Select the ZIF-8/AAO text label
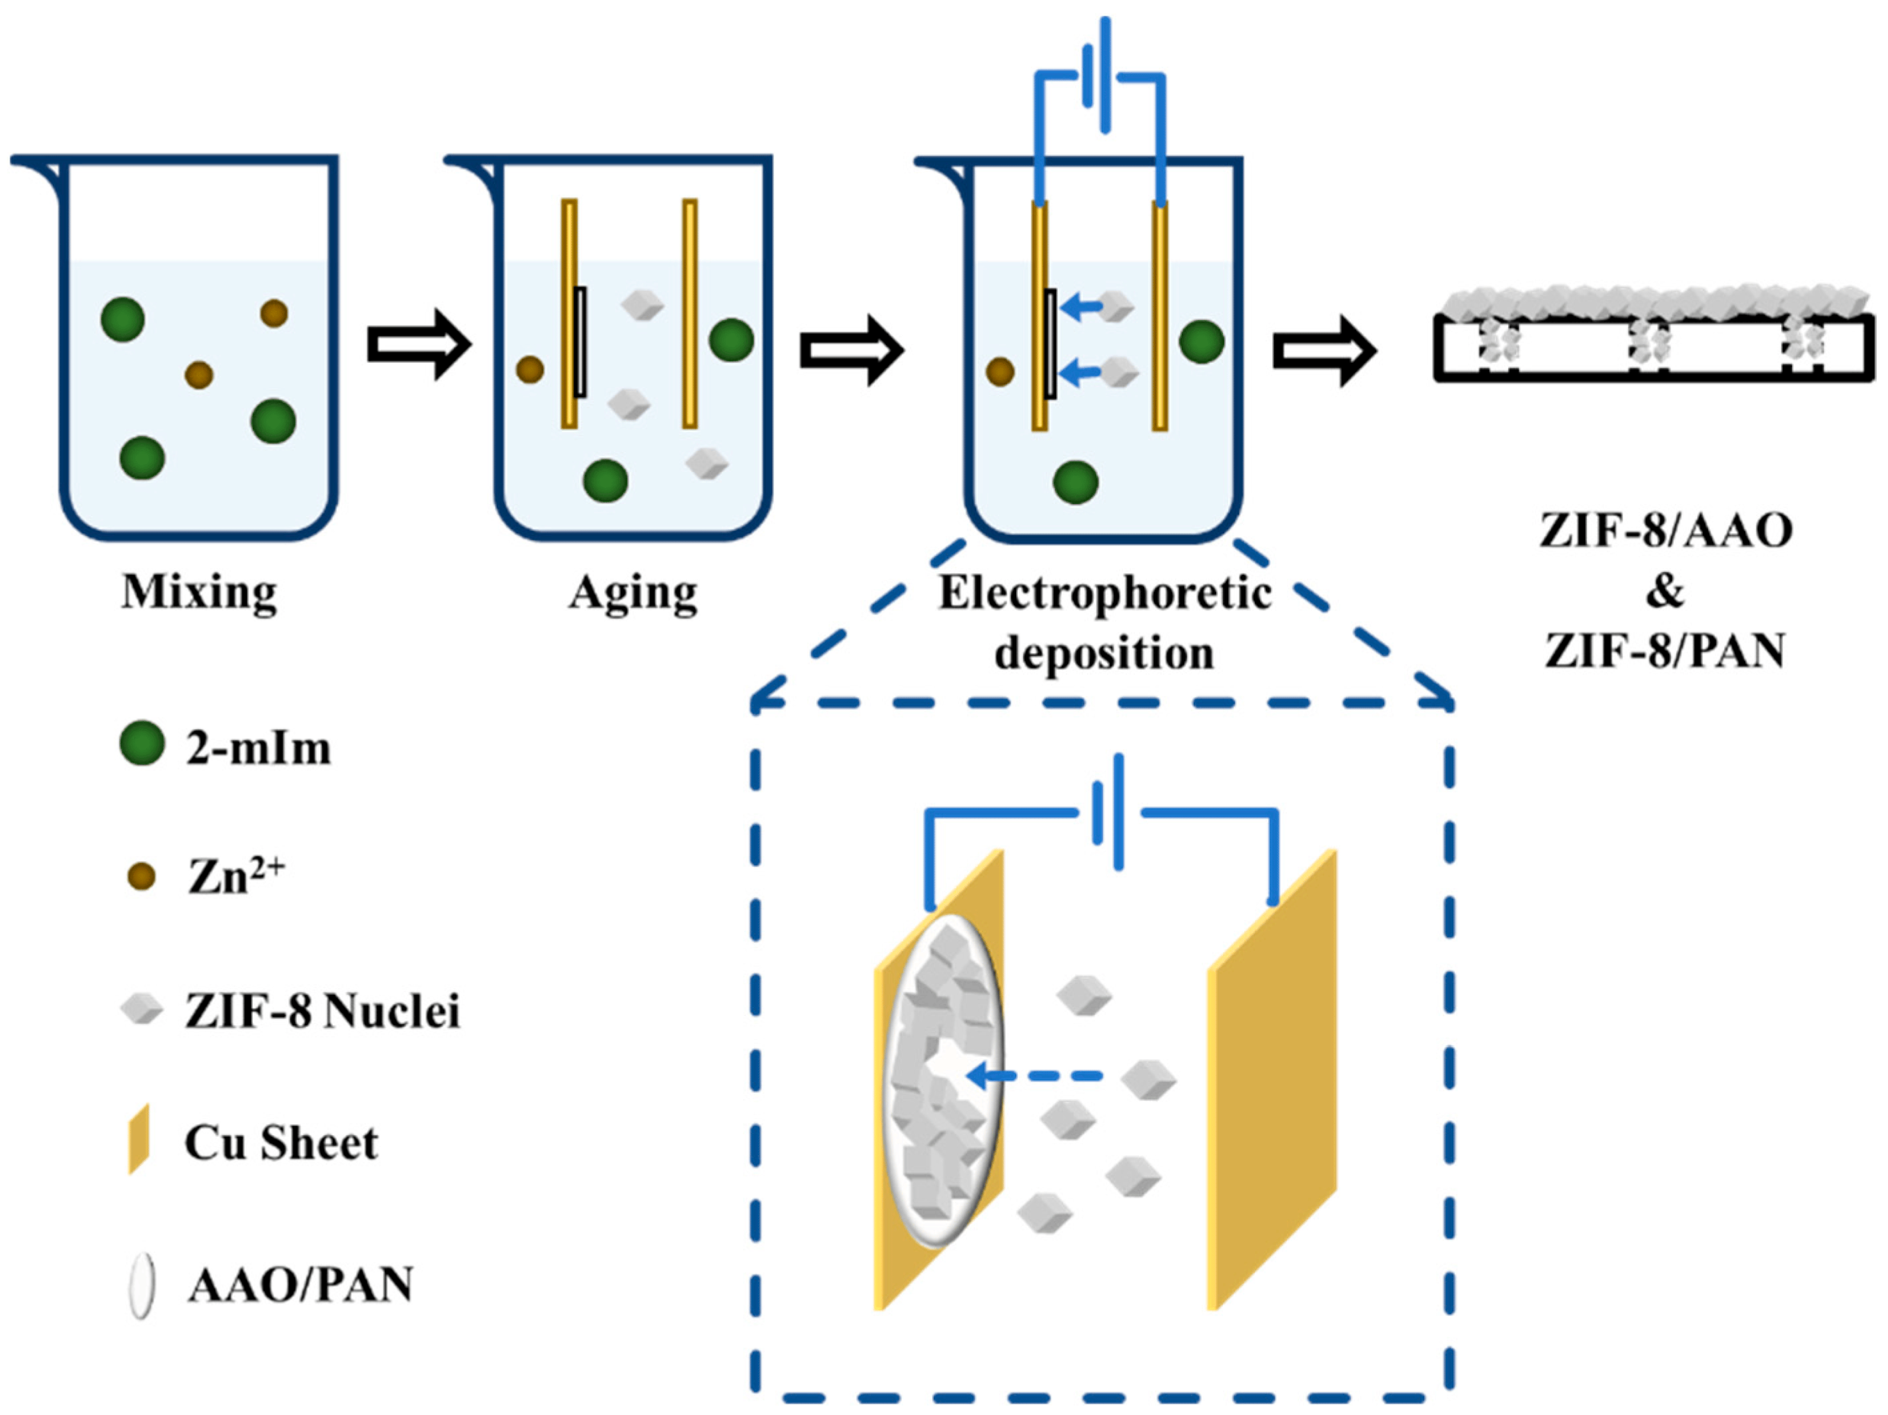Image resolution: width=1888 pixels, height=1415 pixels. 1665,531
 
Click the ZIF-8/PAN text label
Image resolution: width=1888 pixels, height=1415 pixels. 1665,651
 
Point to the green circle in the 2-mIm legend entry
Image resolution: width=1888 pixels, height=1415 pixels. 142,743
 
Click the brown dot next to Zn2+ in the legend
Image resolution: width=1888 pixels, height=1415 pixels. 141,877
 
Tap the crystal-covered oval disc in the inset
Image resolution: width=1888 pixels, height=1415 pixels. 943,1080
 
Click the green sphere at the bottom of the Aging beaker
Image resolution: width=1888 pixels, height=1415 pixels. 605,481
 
